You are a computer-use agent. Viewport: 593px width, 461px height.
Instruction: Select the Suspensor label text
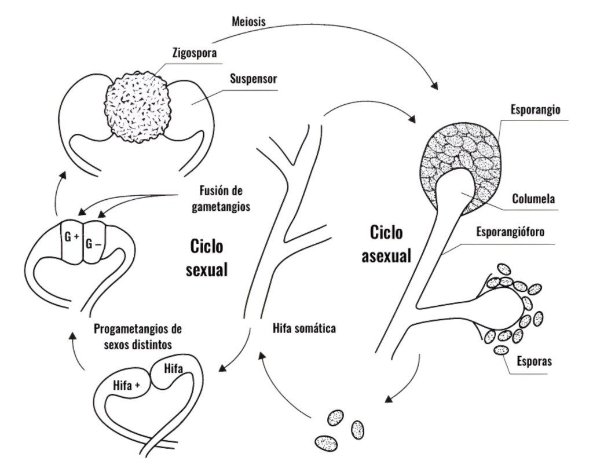coord(254,78)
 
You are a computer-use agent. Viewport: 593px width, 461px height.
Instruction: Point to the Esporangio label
coord(535,110)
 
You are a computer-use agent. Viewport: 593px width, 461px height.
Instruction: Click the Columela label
coord(533,199)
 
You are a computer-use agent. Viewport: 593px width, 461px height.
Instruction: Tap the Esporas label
coord(533,363)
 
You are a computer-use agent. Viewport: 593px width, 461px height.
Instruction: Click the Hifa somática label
coord(304,328)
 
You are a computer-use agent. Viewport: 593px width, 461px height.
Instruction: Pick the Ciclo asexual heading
coord(387,244)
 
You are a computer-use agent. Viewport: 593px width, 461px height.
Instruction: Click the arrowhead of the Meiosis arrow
coord(434,86)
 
